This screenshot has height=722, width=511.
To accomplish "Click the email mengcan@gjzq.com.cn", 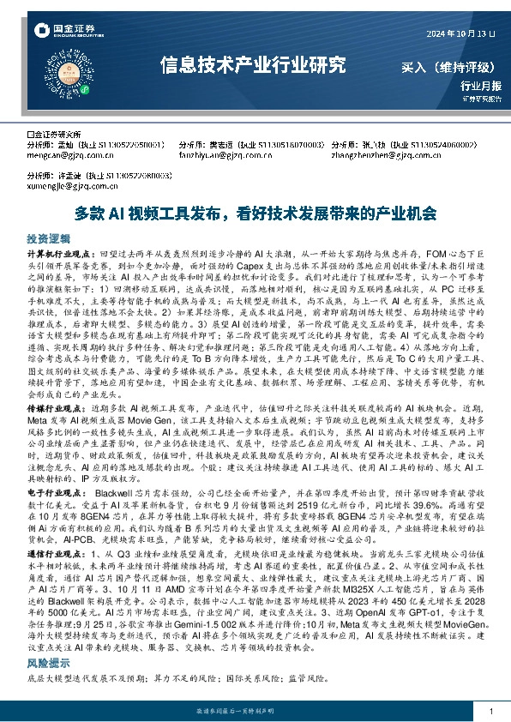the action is tap(68, 156).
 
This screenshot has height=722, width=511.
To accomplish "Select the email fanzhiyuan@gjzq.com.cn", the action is tap(219, 156).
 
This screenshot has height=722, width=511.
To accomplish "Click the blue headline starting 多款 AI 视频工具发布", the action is tap(255, 213).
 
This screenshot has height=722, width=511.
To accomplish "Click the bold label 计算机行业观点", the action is tap(63, 256).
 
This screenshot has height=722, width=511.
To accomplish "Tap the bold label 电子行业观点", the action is tap(59, 495).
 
